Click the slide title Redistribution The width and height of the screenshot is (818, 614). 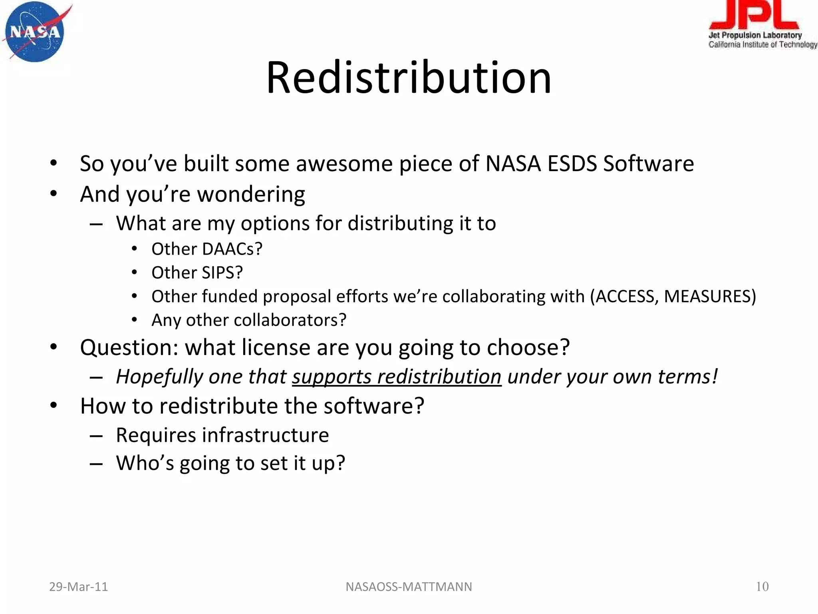(x=409, y=78)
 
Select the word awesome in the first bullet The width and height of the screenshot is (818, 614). (x=344, y=164)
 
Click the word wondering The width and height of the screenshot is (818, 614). (x=251, y=195)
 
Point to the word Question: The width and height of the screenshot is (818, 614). (x=129, y=347)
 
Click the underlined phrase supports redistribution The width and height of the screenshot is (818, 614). (x=396, y=377)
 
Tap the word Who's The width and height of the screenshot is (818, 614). (x=145, y=463)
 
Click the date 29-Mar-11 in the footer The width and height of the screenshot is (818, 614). (x=78, y=587)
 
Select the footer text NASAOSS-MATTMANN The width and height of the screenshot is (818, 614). (x=409, y=587)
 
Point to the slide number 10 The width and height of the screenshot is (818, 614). (x=762, y=587)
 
